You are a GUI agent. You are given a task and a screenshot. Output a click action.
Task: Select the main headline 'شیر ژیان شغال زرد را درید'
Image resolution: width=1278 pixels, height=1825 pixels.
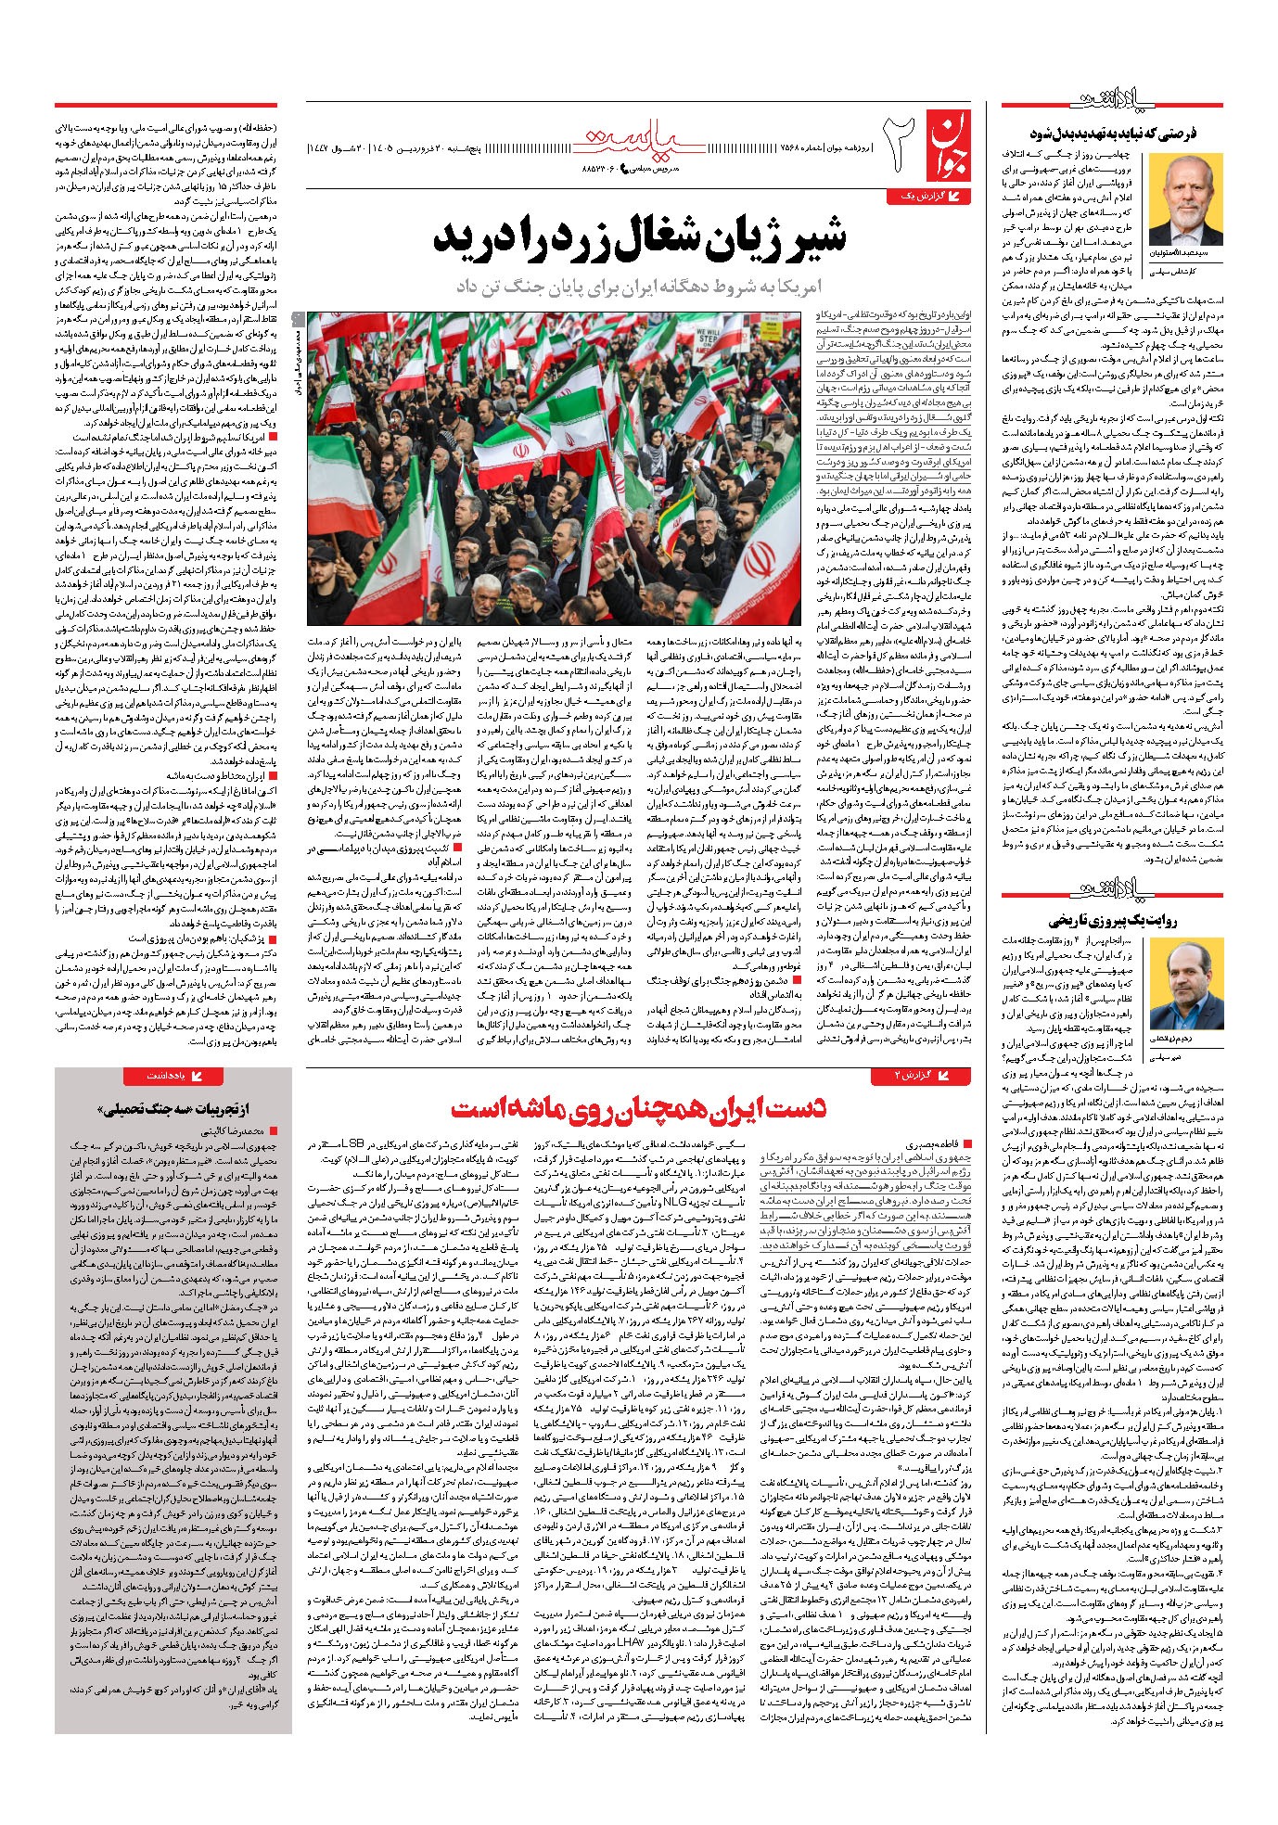tap(640, 240)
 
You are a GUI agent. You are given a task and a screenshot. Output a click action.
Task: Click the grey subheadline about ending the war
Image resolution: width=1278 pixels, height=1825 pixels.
tap(641, 286)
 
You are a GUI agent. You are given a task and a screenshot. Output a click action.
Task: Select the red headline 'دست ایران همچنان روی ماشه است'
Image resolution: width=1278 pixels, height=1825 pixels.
tap(640, 1107)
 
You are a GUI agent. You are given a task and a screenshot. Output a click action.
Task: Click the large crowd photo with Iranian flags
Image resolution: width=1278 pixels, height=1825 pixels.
tap(554, 468)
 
